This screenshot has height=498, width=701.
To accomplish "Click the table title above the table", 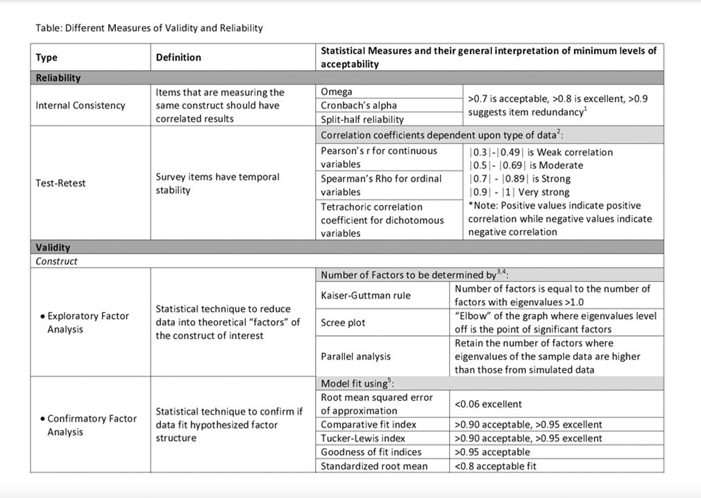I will pos(149,28).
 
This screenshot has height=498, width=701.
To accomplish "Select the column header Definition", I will pos(178,58).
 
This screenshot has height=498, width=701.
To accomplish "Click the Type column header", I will pos(47,58).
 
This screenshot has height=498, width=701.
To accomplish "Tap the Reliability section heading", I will pos(58,78).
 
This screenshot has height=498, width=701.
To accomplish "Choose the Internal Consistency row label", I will pos(81,105).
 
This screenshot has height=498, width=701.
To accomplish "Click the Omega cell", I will pos(337,92).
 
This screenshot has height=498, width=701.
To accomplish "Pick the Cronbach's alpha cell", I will pos(359,105).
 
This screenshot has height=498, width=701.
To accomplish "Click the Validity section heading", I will pos(53,247).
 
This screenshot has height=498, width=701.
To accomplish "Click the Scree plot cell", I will pos(343,322).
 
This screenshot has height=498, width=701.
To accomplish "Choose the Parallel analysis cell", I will pos(355,356).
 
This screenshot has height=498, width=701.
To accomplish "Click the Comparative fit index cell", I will pos(369,424).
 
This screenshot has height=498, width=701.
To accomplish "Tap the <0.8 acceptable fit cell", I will pos(496,466).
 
